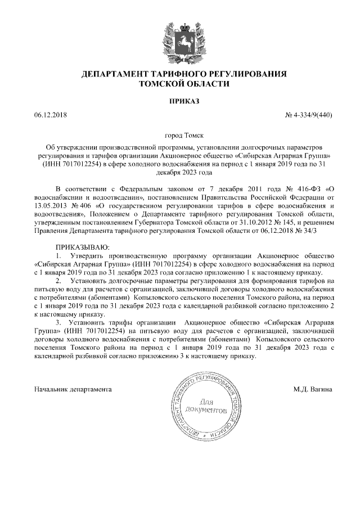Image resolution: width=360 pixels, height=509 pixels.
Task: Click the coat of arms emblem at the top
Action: (181, 40)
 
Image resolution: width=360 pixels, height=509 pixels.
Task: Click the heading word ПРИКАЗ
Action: (181, 101)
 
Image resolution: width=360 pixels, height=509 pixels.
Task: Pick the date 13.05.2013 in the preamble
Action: (52, 205)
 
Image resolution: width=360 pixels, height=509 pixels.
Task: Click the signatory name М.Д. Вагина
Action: (313, 389)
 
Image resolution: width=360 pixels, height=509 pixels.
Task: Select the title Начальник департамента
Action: (73, 389)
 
